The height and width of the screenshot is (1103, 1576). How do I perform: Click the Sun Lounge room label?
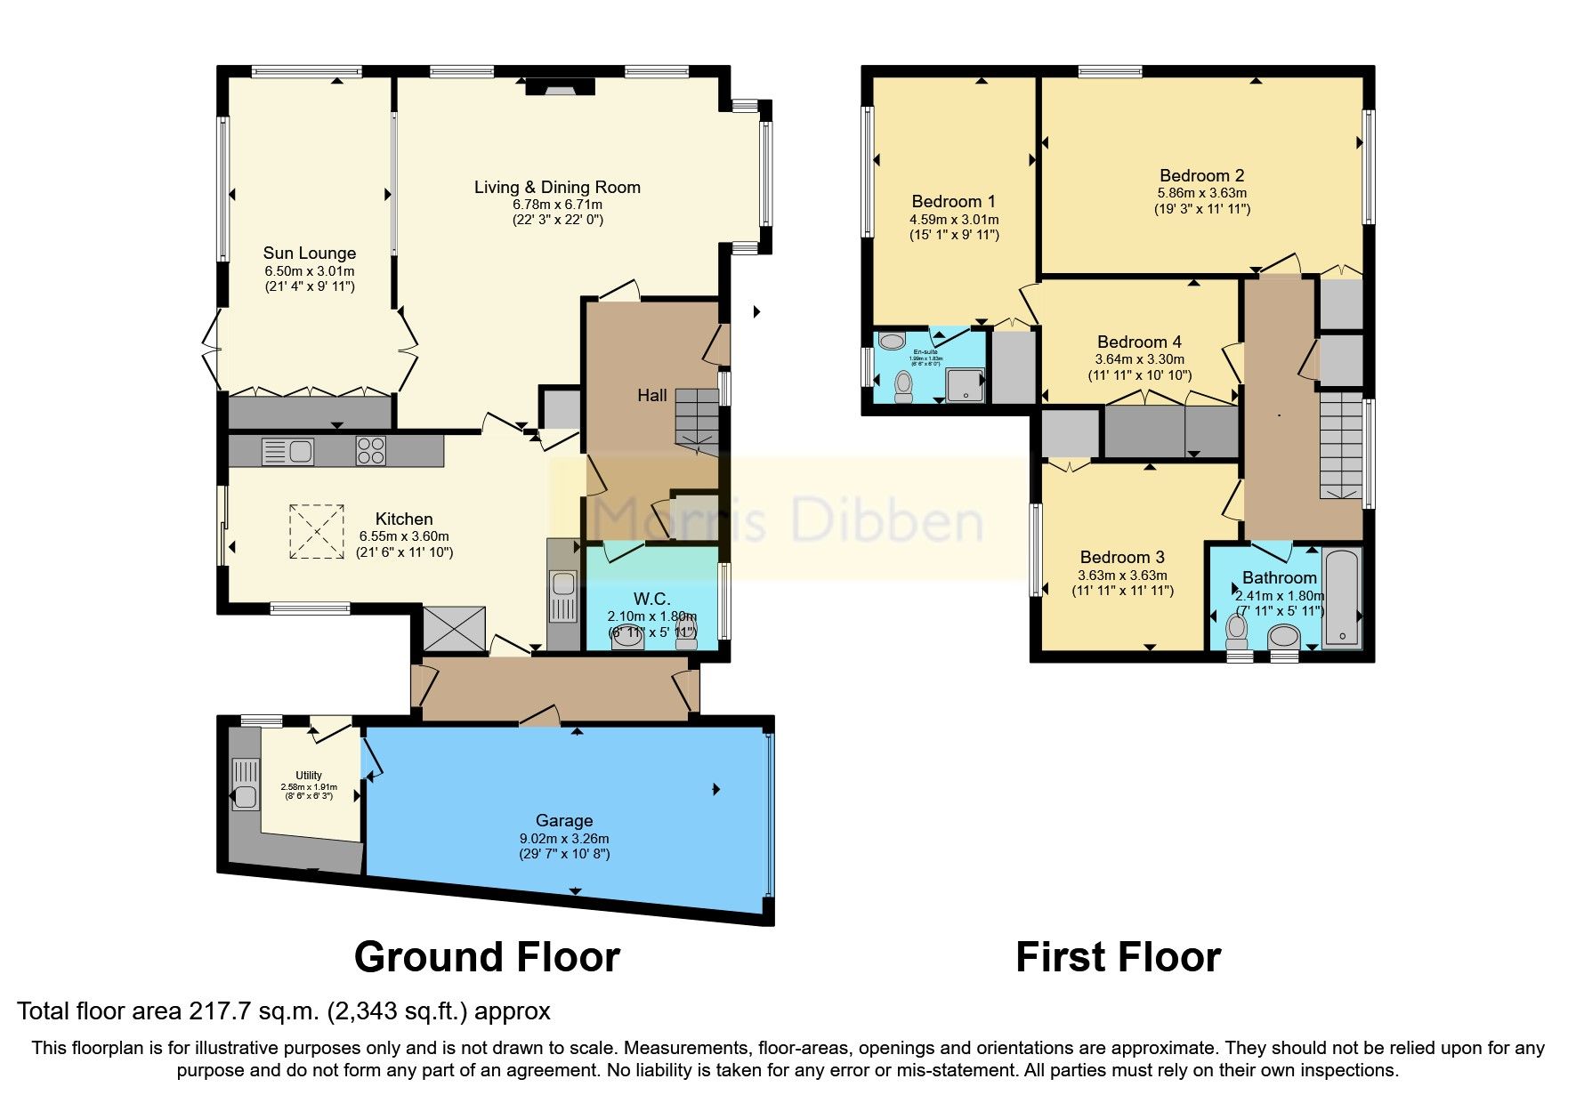coord(309,254)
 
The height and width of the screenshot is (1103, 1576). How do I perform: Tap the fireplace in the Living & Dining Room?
coord(560,86)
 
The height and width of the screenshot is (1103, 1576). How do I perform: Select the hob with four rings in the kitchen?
coord(371,451)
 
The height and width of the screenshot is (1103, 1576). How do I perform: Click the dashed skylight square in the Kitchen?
coord(317,532)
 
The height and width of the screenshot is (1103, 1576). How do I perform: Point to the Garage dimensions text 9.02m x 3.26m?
coord(564,838)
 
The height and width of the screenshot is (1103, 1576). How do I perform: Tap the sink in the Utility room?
coord(245,784)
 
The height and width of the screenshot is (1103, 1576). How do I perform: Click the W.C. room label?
coord(651,599)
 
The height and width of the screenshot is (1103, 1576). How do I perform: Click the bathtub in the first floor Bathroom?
coord(1341,599)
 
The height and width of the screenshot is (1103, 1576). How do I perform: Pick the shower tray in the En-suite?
coord(965,385)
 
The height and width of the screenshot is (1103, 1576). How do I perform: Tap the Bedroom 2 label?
coord(1201,176)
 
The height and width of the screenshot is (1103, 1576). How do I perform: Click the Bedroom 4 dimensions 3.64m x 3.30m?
coord(1139,359)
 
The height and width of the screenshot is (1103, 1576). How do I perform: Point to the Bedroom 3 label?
coord(1122,558)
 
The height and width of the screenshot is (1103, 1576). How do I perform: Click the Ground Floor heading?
coord(487,958)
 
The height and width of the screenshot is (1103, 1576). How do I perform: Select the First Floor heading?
coord(1118,958)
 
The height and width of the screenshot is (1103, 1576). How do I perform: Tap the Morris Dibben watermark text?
coord(788,519)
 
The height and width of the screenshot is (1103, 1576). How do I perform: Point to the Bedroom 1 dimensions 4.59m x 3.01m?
coord(954,219)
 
